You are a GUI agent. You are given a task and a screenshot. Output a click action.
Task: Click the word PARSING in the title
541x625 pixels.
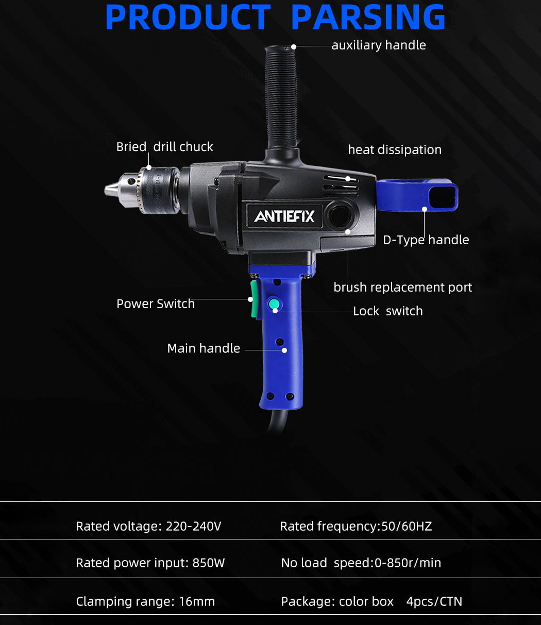(x=368, y=17)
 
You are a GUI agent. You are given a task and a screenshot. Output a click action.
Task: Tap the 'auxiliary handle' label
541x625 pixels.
(x=379, y=45)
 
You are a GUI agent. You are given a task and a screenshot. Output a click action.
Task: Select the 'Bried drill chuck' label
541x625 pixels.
(x=164, y=147)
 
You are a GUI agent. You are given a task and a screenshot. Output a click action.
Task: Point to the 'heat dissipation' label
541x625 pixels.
(x=395, y=149)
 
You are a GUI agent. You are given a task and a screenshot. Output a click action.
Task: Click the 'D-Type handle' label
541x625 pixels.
(x=426, y=240)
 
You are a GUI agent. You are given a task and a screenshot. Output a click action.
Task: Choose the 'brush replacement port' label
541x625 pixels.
(x=402, y=287)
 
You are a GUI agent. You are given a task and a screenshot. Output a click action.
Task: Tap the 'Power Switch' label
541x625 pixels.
(x=156, y=303)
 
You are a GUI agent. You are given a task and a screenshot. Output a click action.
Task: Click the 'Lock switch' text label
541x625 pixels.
(x=387, y=311)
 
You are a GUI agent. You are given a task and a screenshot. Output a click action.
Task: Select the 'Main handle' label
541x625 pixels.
(x=204, y=348)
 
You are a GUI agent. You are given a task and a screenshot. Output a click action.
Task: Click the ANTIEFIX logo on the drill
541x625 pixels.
(x=284, y=216)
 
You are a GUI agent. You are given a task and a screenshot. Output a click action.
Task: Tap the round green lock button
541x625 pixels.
(x=274, y=304)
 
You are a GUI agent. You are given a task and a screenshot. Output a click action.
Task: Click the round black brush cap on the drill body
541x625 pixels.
(x=340, y=215)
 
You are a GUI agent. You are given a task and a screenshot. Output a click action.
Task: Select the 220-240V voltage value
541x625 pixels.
(x=194, y=527)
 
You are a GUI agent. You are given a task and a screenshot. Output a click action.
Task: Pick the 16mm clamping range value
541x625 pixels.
(x=197, y=601)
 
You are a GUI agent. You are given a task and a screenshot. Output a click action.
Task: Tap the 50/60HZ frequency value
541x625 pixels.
(x=407, y=527)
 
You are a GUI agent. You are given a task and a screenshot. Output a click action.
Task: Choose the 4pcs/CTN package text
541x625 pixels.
(x=434, y=601)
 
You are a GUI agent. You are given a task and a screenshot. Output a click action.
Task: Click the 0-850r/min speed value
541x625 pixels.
(x=408, y=563)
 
